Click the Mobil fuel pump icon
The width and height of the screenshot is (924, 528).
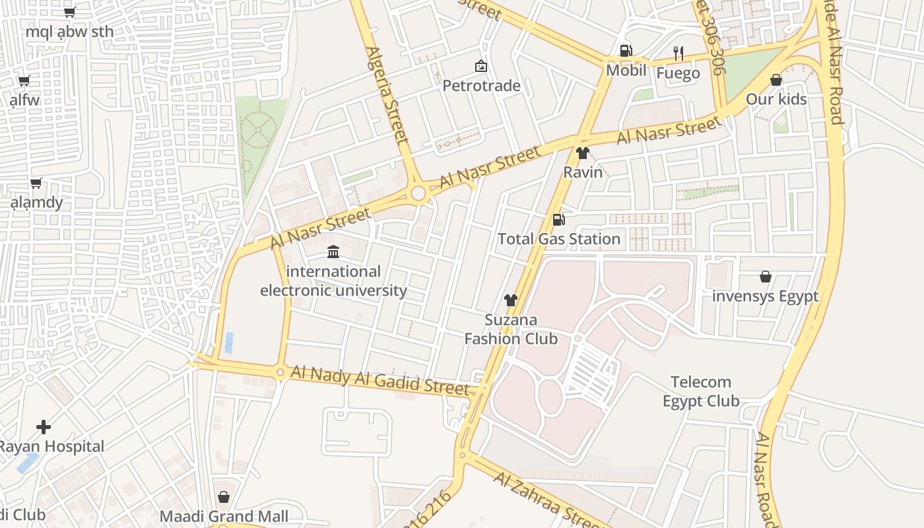[625, 51]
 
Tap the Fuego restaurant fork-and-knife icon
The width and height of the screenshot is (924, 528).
[678, 53]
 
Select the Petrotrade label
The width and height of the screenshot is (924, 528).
[481, 86]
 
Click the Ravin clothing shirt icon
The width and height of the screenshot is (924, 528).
[582, 154]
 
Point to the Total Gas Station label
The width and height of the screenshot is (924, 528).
[559, 238]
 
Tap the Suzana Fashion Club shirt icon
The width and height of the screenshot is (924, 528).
[510, 300]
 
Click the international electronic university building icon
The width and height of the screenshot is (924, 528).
[333, 252]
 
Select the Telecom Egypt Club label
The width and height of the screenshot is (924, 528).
[700, 391]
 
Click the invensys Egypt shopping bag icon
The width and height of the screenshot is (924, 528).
[766, 277]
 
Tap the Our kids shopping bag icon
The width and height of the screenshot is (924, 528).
[776, 81]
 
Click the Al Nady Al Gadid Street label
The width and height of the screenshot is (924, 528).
[379, 381]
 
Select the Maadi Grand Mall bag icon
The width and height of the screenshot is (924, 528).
[224, 497]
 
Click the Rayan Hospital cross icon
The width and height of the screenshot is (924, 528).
[44, 427]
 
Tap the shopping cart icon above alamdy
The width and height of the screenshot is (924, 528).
[36, 183]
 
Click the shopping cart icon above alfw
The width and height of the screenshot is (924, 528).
[24, 81]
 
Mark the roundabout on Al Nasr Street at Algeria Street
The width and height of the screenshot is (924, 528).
[418, 193]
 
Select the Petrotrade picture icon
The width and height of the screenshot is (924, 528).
[481, 66]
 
